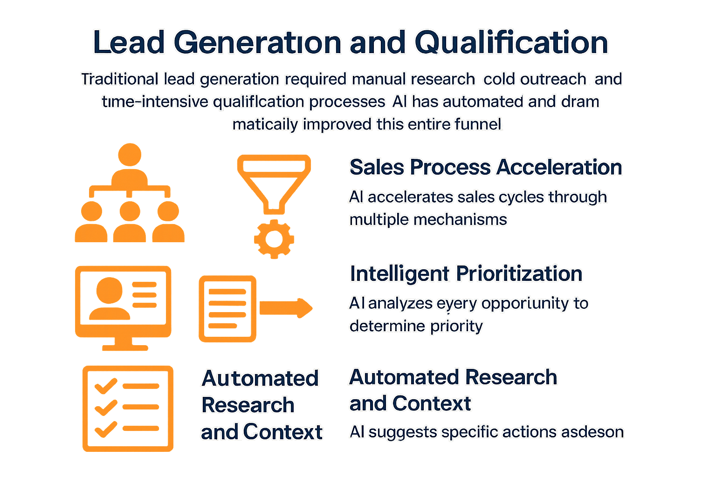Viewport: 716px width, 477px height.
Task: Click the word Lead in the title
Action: pos(129,42)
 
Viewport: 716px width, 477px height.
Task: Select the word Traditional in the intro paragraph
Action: pos(120,79)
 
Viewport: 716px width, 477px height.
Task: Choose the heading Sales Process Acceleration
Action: pos(486,167)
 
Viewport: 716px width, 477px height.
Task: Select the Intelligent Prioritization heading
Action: pos(466,274)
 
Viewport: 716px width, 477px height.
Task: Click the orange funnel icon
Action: pos(274,182)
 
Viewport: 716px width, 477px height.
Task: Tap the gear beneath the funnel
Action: pos(274,239)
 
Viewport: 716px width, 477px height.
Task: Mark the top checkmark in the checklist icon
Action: pos(105,386)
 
